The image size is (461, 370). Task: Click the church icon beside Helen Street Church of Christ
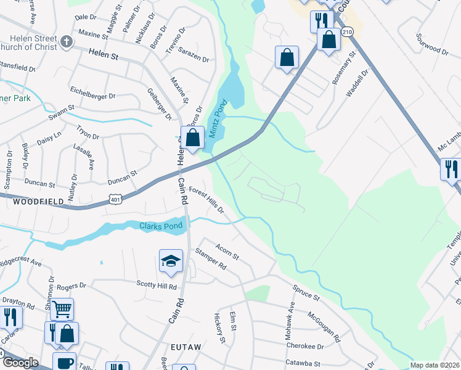67,43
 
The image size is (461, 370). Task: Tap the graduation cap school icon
171,261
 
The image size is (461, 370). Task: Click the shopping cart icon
62,308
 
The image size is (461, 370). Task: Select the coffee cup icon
64,363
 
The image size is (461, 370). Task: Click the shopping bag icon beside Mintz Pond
193,138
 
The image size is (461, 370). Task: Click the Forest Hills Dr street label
206,201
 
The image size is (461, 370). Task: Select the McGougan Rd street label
324,327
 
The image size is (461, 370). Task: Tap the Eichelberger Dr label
92,96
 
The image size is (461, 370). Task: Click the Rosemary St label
343,68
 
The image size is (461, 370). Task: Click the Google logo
20,363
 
